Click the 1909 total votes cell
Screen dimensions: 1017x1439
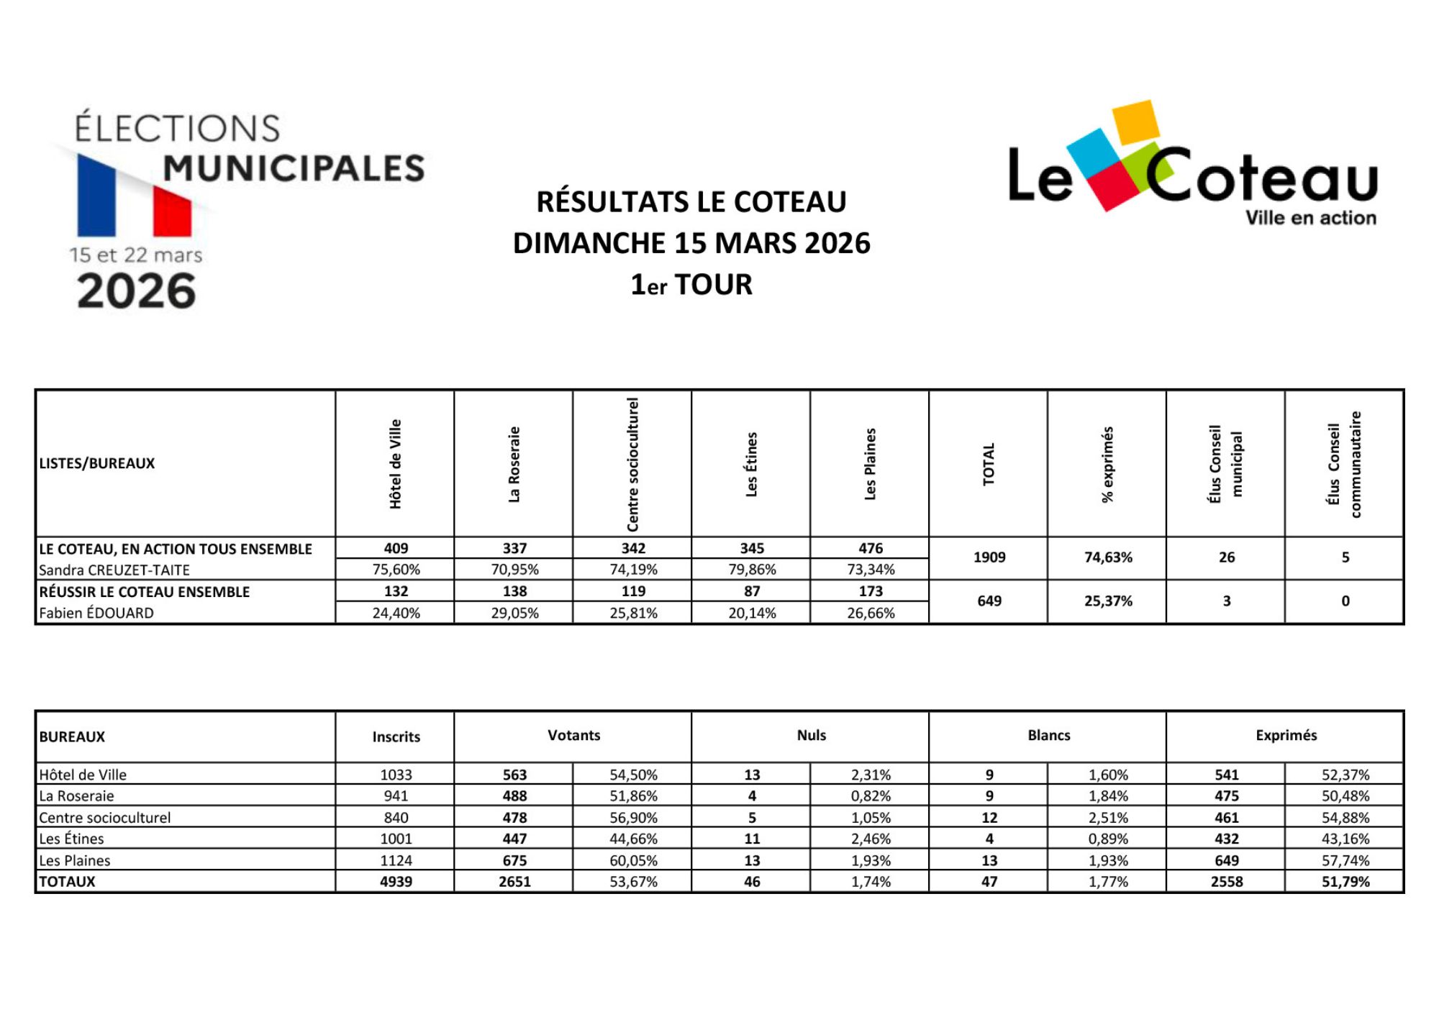click(x=989, y=557)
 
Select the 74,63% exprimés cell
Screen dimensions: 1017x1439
click(x=1108, y=557)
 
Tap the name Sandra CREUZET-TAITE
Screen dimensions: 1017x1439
click(x=114, y=570)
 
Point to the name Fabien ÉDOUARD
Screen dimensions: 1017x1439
click(x=96, y=613)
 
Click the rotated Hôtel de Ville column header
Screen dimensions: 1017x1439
click(x=395, y=464)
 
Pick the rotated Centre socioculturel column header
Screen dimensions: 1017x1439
click(x=633, y=464)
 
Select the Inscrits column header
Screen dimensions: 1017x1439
click(x=396, y=736)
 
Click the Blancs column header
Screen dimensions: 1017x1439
click(x=1048, y=735)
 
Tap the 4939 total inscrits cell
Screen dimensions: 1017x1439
click(x=396, y=882)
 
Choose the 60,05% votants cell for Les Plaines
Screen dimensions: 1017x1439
click(x=633, y=860)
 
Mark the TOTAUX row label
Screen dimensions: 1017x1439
click(x=67, y=882)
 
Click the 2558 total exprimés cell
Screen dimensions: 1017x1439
click(x=1227, y=882)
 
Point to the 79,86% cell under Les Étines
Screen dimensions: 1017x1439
click(x=752, y=570)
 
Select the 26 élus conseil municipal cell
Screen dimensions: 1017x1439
click(x=1227, y=557)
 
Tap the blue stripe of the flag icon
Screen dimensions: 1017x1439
click(x=96, y=196)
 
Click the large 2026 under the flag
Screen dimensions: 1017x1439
click(x=136, y=291)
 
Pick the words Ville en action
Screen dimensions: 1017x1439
click(x=1310, y=218)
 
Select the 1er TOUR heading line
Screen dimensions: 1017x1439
click(x=691, y=285)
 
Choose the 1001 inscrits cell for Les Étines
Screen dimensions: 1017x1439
click(x=396, y=839)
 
